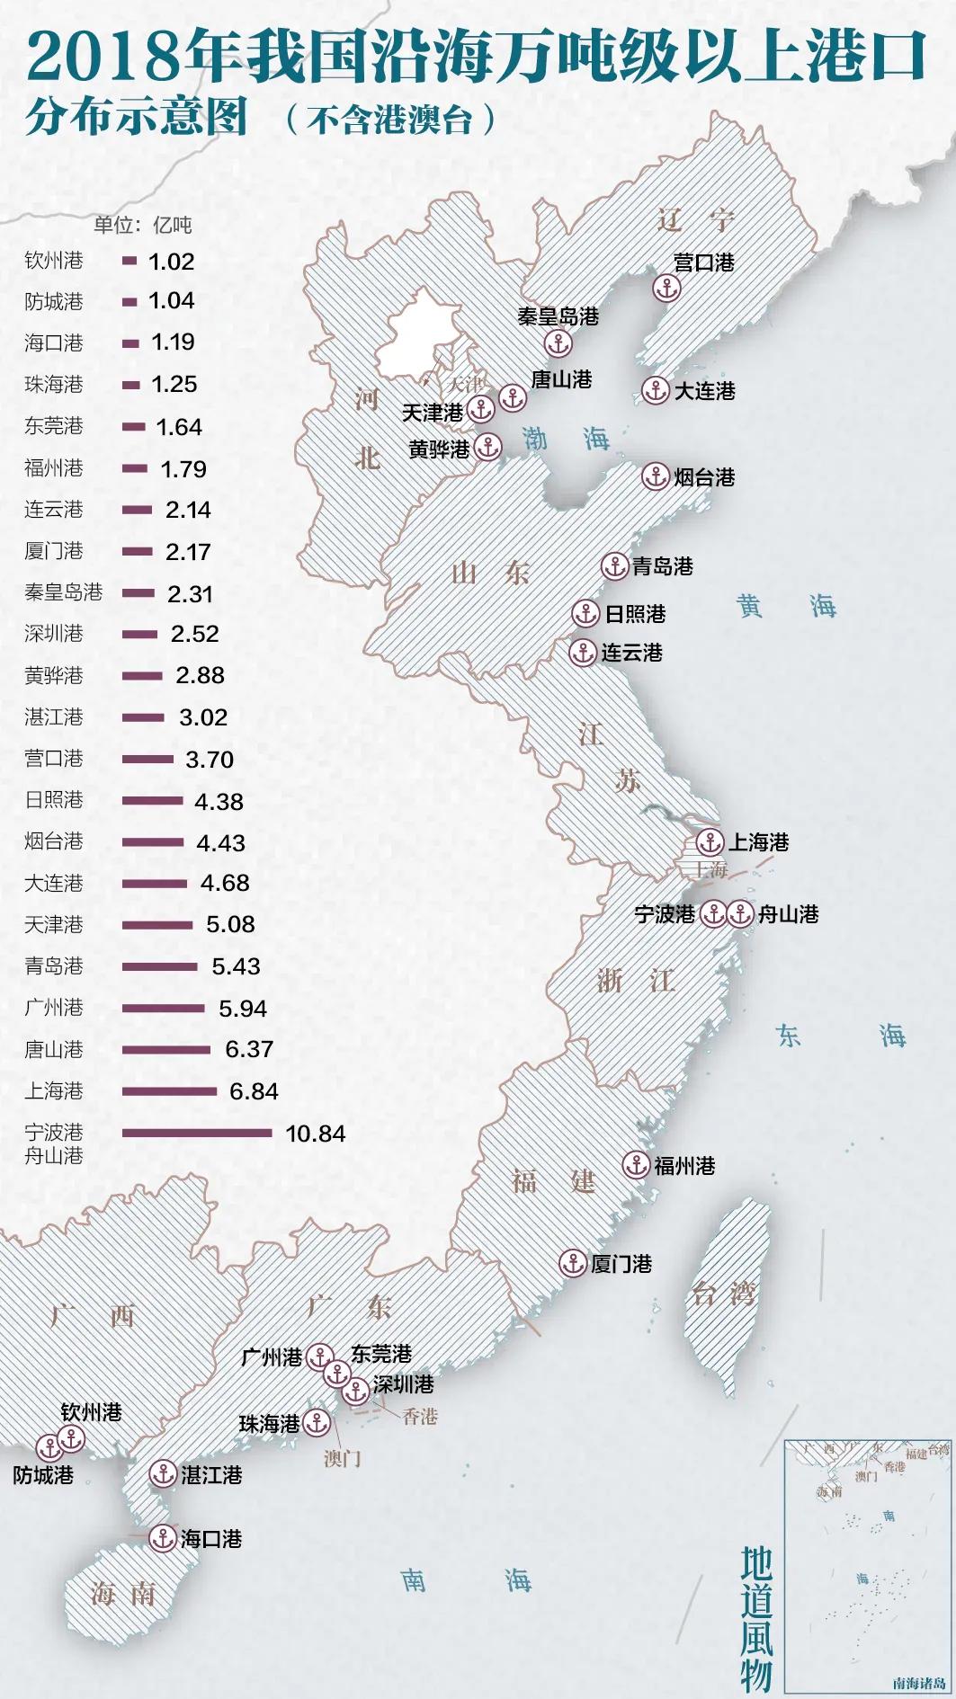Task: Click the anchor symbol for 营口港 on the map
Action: [666, 289]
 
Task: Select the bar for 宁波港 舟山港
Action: [196, 1133]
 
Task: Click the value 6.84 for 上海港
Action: [254, 1091]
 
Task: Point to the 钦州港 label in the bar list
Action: [54, 261]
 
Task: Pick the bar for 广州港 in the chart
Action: [163, 1008]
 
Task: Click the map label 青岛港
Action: [662, 566]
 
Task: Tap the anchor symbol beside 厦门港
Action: [573, 1263]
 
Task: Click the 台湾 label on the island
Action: [724, 1294]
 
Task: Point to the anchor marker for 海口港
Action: [163, 1538]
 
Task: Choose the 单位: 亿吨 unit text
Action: [143, 225]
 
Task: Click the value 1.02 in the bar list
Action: [171, 262]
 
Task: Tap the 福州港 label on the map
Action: [684, 1166]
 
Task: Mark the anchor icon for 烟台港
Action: [655, 476]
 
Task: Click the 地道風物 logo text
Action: [756, 1619]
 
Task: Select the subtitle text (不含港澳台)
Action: [392, 120]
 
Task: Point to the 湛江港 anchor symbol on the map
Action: [163, 1473]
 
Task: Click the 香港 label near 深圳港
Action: [419, 1417]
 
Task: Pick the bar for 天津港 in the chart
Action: [156, 925]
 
